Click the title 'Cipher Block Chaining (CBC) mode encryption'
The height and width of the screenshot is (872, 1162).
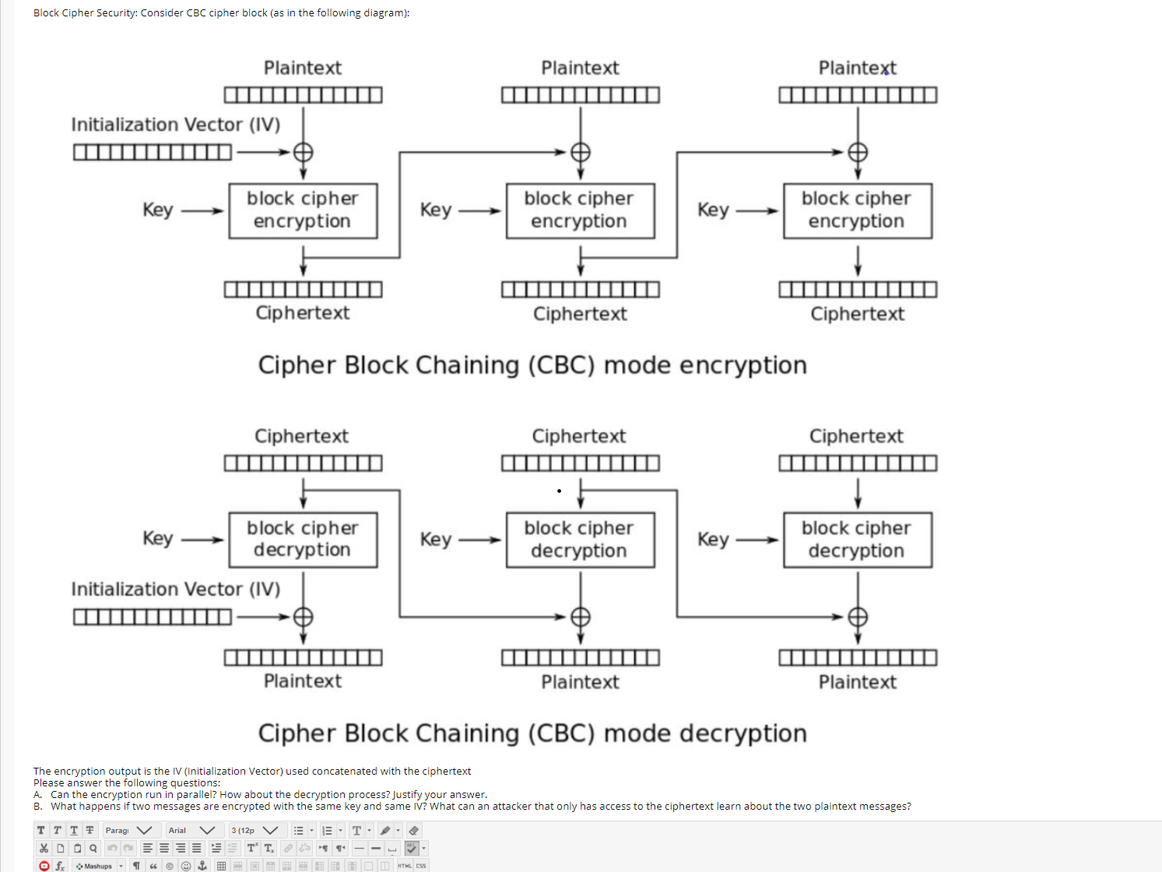point(532,365)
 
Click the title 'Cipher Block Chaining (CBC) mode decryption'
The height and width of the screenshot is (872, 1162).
point(532,733)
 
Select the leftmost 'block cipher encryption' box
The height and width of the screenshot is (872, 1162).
point(303,210)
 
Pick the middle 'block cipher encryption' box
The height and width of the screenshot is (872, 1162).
point(580,210)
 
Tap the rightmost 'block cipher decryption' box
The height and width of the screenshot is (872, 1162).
point(857,540)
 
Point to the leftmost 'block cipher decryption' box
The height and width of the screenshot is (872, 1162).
point(303,540)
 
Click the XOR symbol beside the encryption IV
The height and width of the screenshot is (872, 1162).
point(303,152)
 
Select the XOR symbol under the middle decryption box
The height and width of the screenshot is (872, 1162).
point(580,617)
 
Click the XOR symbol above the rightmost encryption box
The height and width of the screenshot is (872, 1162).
point(858,152)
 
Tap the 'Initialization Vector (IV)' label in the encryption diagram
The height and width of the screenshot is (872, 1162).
point(176,125)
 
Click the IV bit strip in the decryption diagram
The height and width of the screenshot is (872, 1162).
point(153,617)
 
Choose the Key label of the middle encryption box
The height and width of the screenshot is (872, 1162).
point(436,210)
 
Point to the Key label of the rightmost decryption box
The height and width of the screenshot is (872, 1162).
point(713,540)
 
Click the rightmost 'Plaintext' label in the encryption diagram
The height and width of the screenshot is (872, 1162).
point(857,69)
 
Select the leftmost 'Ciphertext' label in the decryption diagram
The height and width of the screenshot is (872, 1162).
point(302,436)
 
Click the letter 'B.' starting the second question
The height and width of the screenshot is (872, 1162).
point(38,807)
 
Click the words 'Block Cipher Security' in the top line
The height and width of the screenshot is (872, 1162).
point(84,13)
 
